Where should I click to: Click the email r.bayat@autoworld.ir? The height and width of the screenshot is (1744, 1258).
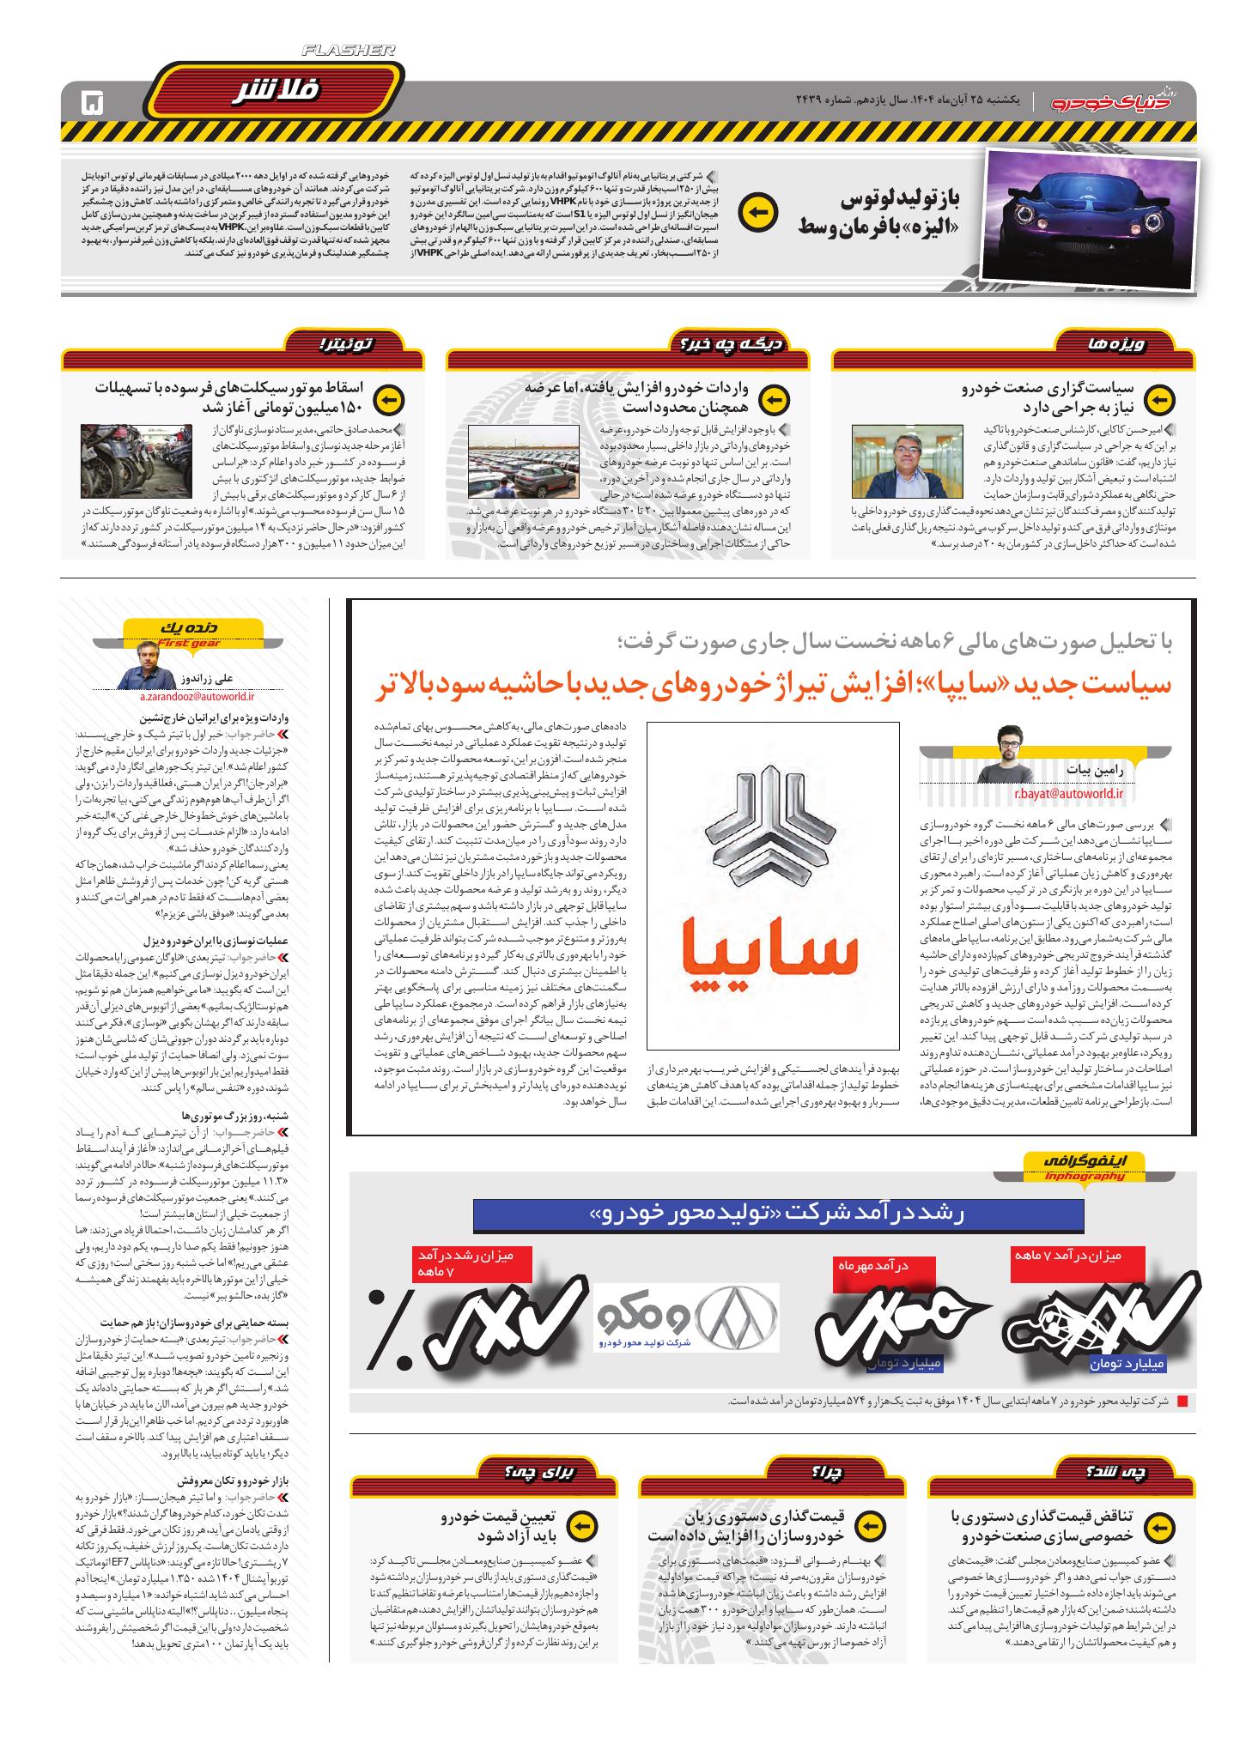(1068, 794)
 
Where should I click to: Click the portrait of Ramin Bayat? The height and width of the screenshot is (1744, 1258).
(1018, 753)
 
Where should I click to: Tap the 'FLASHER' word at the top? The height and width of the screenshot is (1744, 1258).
(349, 51)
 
